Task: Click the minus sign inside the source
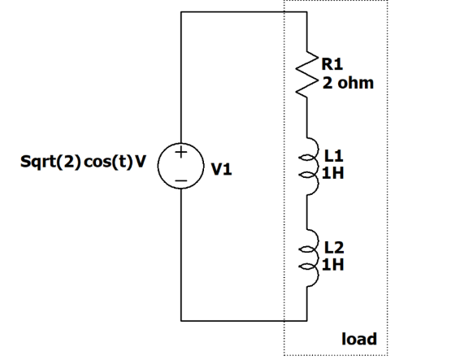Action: pos(181,178)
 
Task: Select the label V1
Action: pos(221,170)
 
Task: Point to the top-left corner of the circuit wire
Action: pos(181,13)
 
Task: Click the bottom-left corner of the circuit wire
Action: pos(181,319)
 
